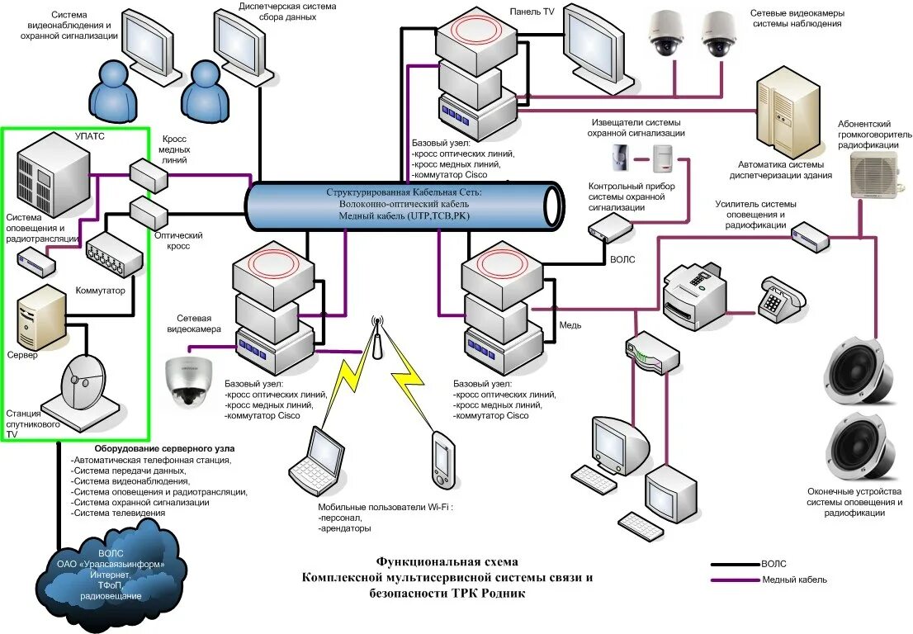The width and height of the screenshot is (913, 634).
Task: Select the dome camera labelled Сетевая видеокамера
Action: (x=188, y=381)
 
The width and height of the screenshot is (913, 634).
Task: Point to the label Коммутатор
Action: (x=101, y=291)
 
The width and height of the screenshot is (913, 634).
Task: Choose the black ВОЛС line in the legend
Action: (x=736, y=565)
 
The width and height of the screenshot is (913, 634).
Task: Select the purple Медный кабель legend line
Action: (x=736, y=580)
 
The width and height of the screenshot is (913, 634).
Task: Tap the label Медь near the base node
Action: (x=570, y=325)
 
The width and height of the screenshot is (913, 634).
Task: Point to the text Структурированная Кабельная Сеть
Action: (x=403, y=192)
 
